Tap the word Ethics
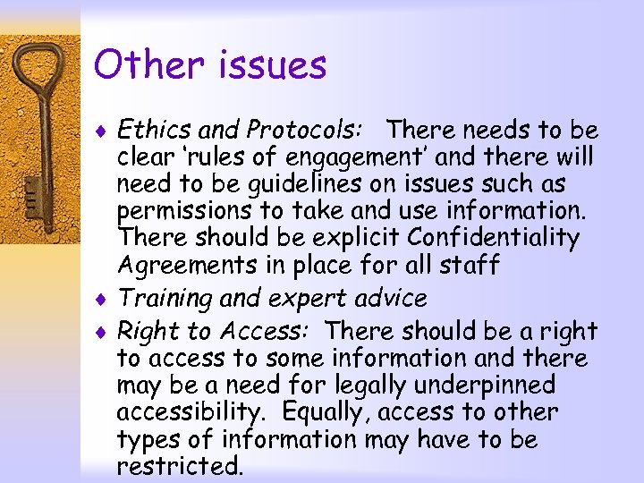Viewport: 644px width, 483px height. (151, 131)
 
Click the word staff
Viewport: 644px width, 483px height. (472, 266)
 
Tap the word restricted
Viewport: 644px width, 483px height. (180, 465)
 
